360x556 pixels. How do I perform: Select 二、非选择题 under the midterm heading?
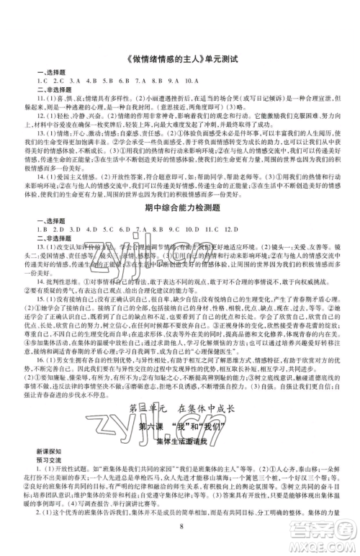coord(49,240)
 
